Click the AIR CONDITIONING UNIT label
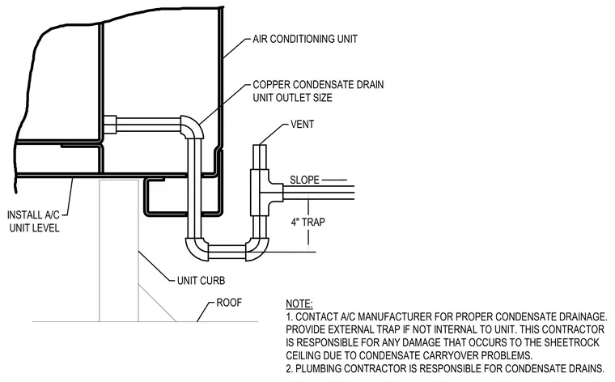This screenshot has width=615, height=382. click(x=305, y=39)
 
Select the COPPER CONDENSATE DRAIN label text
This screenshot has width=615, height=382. click(x=318, y=85)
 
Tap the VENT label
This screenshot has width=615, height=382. click(x=302, y=125)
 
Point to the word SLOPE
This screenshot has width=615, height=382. click(x=304, y=180)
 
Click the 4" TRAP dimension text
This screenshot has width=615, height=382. click(x=307, y=223)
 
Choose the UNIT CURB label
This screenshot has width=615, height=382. click(x=201, y=281)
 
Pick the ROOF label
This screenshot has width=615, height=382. click(x=229, y=303)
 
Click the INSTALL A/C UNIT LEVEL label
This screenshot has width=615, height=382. click(x=34, y=221)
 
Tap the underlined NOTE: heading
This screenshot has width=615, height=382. click(x=299, y=304)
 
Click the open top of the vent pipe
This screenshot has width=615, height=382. click(x=259, y=146)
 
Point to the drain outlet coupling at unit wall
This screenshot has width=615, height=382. click(x=110, y=125)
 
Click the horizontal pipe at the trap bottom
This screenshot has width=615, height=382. click(x=227, y=252)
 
